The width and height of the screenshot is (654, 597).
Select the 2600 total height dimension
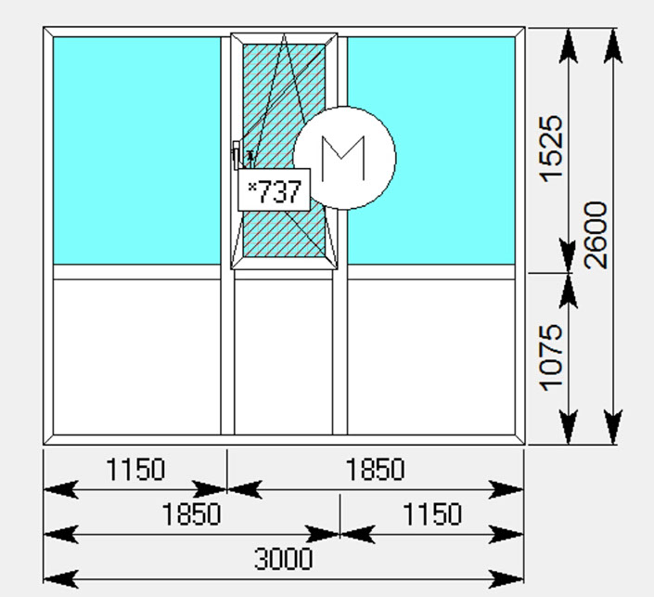(x=596, y=235)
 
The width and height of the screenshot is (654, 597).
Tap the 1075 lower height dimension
(x=551, y=357)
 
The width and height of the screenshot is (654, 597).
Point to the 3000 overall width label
(x=284, y=559)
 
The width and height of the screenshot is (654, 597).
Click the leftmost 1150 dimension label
(x=135, y=469)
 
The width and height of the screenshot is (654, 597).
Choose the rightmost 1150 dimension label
(x=432, y=513)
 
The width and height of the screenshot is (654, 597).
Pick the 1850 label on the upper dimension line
(x=375, y=469)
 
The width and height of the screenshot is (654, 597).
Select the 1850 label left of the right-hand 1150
(x=191, y=513)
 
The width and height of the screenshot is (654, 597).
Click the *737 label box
(x=274, y=190)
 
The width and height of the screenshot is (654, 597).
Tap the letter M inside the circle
(x=344, y=159)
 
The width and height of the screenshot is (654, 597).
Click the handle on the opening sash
(x=236, y=155)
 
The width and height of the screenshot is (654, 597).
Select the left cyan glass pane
(x=136, y=150)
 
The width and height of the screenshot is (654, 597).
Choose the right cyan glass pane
(x=431, y=150)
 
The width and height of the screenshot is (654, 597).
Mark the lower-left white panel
(x=136, y=357)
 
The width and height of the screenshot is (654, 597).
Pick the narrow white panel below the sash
(x=284, y=357)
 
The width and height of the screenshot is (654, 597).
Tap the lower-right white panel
(x=431, y=357)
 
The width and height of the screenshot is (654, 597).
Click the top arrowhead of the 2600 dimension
(x=612, y=45)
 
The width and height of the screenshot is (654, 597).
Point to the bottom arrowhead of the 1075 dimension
(x=568, y=427)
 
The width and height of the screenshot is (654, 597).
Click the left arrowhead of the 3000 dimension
(x=61, y=579)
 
